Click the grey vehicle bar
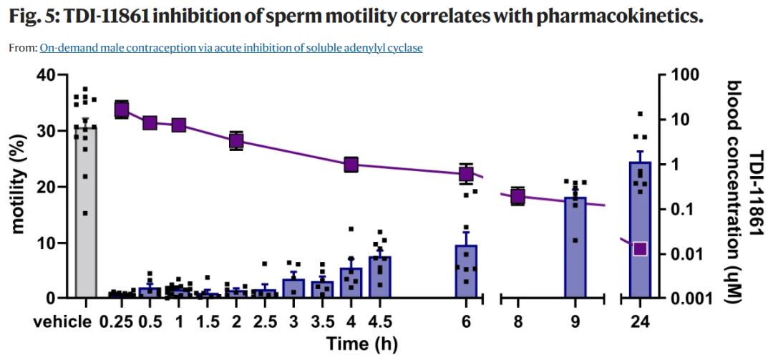click(x=86, y=215)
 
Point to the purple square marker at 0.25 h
click(x=122, y=110)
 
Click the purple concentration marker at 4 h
click(x=351, y=165)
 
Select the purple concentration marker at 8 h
click(x=517, y=196)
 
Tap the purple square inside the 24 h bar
click(x=640, y=248)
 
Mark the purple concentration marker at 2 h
click(x=236, y=140)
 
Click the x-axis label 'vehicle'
click(x=62, y=321)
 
